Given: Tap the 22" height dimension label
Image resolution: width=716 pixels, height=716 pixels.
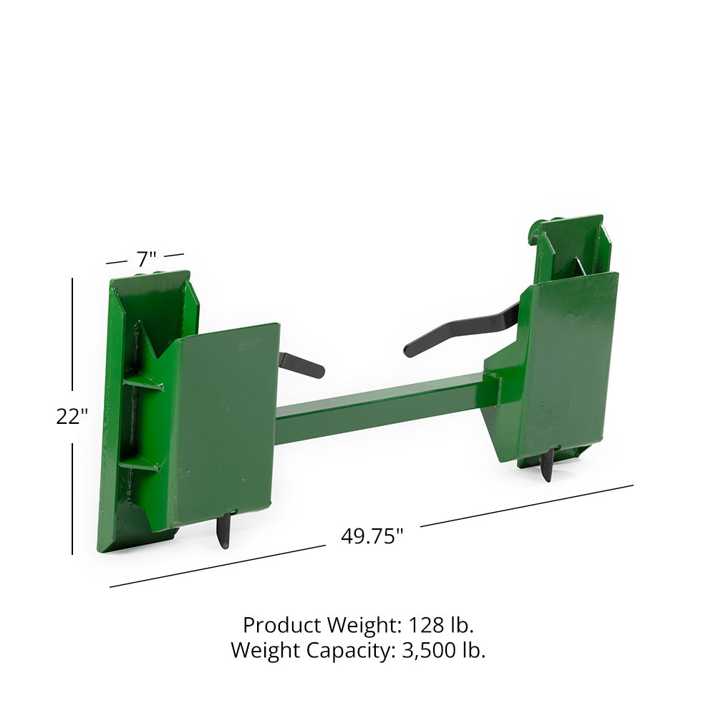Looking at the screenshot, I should coord(72,416).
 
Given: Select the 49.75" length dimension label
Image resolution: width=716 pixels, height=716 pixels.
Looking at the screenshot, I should coord(372,536).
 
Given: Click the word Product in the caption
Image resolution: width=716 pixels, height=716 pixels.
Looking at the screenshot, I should coord(282,625).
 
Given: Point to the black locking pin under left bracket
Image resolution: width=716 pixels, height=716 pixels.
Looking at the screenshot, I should coord(223,531).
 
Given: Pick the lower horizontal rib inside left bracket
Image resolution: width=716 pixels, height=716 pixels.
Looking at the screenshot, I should coord(140,464).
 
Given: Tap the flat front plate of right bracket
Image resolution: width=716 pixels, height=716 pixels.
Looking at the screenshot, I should coord(569,358).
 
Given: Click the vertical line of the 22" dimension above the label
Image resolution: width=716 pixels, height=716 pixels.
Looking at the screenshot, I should coord(72,337).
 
